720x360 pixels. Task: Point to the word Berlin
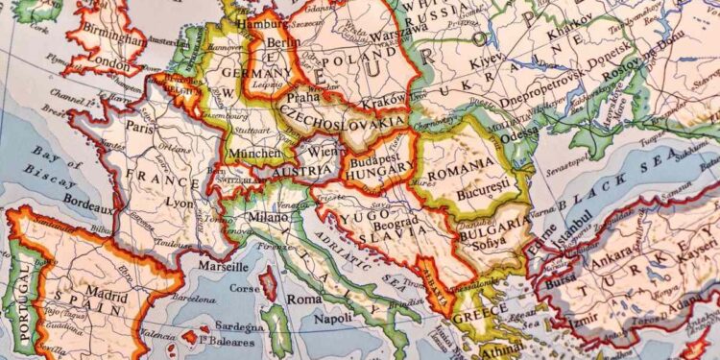pyautogui.click(x=277, y=43)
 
